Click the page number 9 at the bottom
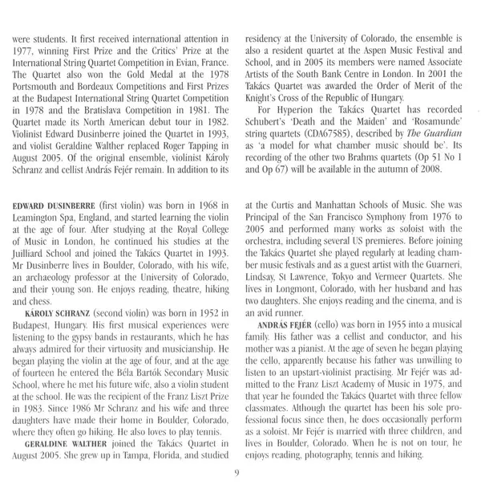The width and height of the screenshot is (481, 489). pyautogui.click(x=240, y=474)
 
